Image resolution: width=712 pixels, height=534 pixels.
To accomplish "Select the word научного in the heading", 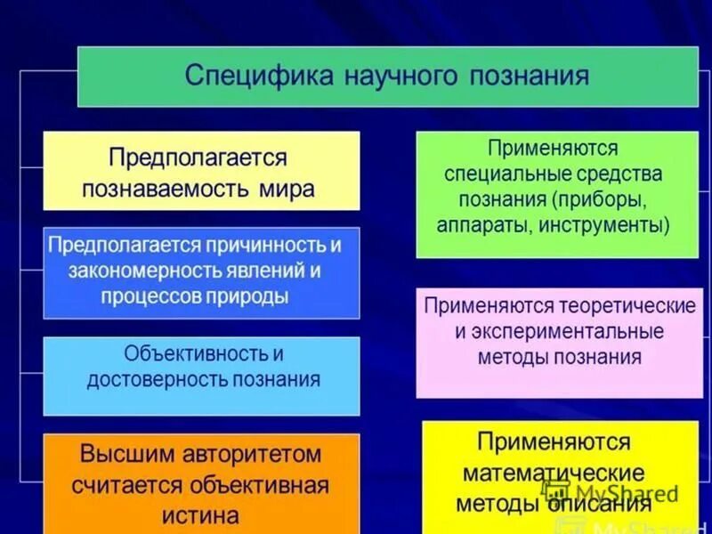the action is coord(394,76).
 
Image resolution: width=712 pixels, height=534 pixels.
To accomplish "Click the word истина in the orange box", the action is coord(200,514).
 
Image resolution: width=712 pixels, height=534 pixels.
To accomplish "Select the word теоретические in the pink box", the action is coord(627,306).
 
